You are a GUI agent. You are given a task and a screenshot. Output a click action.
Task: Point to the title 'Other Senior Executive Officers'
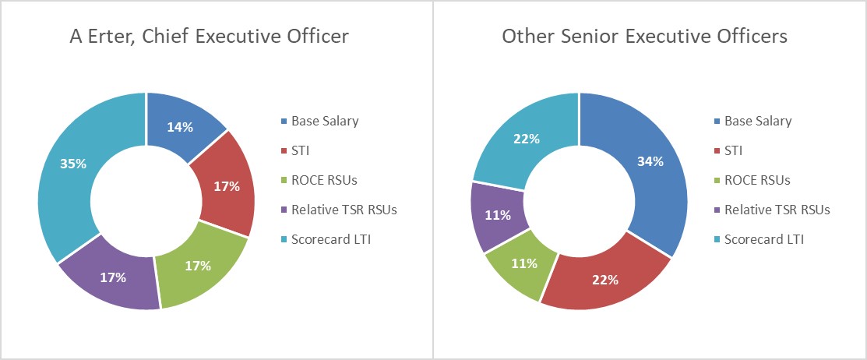644,36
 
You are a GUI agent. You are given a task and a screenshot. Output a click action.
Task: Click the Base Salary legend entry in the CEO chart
325,121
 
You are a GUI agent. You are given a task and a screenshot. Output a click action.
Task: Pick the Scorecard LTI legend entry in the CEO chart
331,238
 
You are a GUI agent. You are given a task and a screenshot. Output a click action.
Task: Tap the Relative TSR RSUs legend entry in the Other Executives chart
777,210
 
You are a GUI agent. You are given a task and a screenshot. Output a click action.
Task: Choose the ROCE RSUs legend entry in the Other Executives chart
757,180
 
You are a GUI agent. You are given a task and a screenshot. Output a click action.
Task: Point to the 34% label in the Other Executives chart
650,161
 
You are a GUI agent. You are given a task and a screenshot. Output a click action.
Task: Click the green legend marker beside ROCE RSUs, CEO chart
284,180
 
